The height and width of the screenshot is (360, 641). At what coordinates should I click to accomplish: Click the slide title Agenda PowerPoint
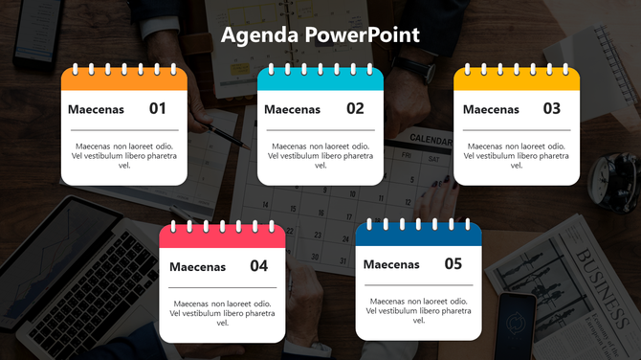pos(320,35)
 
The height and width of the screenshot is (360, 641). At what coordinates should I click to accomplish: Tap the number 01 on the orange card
pos(158,109)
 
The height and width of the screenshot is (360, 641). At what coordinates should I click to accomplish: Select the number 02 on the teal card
pos(355,109)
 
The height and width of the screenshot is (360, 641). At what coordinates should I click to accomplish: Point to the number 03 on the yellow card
pos(552,109)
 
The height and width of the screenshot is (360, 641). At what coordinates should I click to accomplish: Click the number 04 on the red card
pos(259,266)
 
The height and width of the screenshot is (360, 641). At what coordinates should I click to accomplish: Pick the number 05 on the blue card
pos(453,264)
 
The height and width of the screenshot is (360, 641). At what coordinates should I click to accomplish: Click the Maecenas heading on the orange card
pos(96,110)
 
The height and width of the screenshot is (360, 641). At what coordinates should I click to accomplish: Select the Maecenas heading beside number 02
pos(292,110)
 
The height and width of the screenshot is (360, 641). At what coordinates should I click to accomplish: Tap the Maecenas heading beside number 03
pos(491,110)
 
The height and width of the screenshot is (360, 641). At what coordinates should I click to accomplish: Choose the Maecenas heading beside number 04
pos(197,267)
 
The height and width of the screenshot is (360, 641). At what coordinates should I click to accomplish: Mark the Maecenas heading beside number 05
pos(391,265)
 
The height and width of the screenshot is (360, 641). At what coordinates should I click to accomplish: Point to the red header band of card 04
pos(222,236)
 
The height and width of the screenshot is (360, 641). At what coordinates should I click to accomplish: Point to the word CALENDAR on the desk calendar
pos(431,141)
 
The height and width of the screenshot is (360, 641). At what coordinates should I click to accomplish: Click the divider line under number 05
pos(418,285)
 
